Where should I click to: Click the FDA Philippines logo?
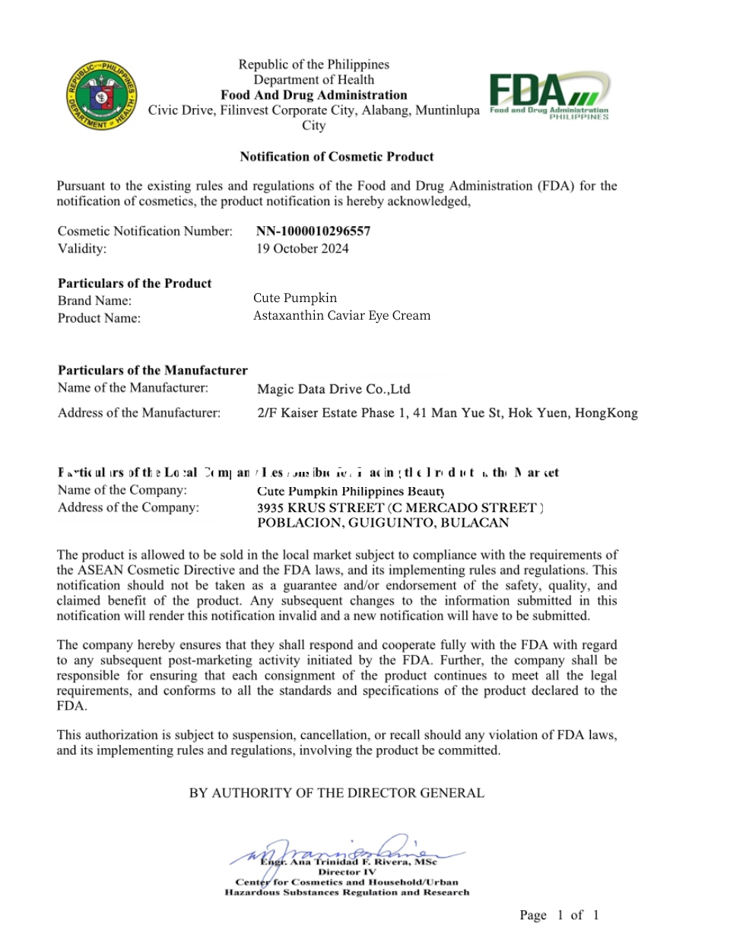click(549, 95)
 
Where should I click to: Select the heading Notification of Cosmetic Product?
click(336, 157)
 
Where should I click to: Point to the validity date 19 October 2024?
click(302, 248)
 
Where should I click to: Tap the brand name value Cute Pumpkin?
click(295, 298)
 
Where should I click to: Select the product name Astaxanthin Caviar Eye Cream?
click(341, 315)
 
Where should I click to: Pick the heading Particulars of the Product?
click(135, 283)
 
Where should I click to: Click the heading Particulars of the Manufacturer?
click(153, 371)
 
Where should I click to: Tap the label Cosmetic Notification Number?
click(145, 231)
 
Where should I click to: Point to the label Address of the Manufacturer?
click(139, 413)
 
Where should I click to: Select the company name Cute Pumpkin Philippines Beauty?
click(351, 492)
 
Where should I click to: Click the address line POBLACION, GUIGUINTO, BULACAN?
click(383, 523)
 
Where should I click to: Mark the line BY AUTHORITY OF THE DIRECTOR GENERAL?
click(336, 793)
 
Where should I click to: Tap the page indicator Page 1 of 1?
click(559, 915)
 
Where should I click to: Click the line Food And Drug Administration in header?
click(313, 95)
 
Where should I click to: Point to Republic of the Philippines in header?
click(313, 65)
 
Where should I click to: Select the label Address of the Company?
click(129, 507)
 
